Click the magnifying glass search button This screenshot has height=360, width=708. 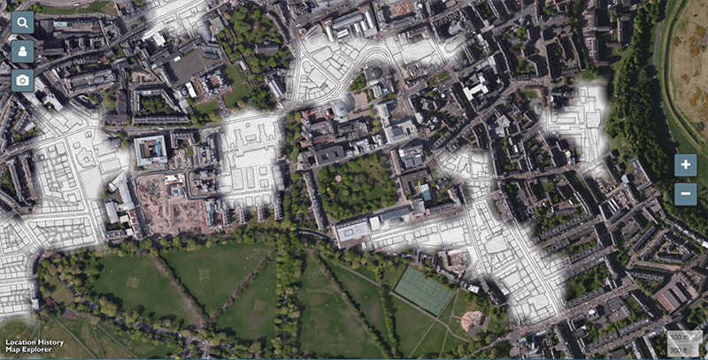(23, 22)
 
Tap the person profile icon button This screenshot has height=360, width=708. (23, 51)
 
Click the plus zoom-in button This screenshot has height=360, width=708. (685, 165)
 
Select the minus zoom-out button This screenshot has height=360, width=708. (685, 194)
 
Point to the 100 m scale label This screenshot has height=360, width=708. (679, 337)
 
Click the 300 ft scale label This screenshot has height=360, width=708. (679, 349)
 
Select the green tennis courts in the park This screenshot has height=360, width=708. (423, 290)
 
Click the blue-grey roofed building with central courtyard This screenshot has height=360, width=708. (150, 150)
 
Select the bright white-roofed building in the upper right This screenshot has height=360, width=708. (476, 87)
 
